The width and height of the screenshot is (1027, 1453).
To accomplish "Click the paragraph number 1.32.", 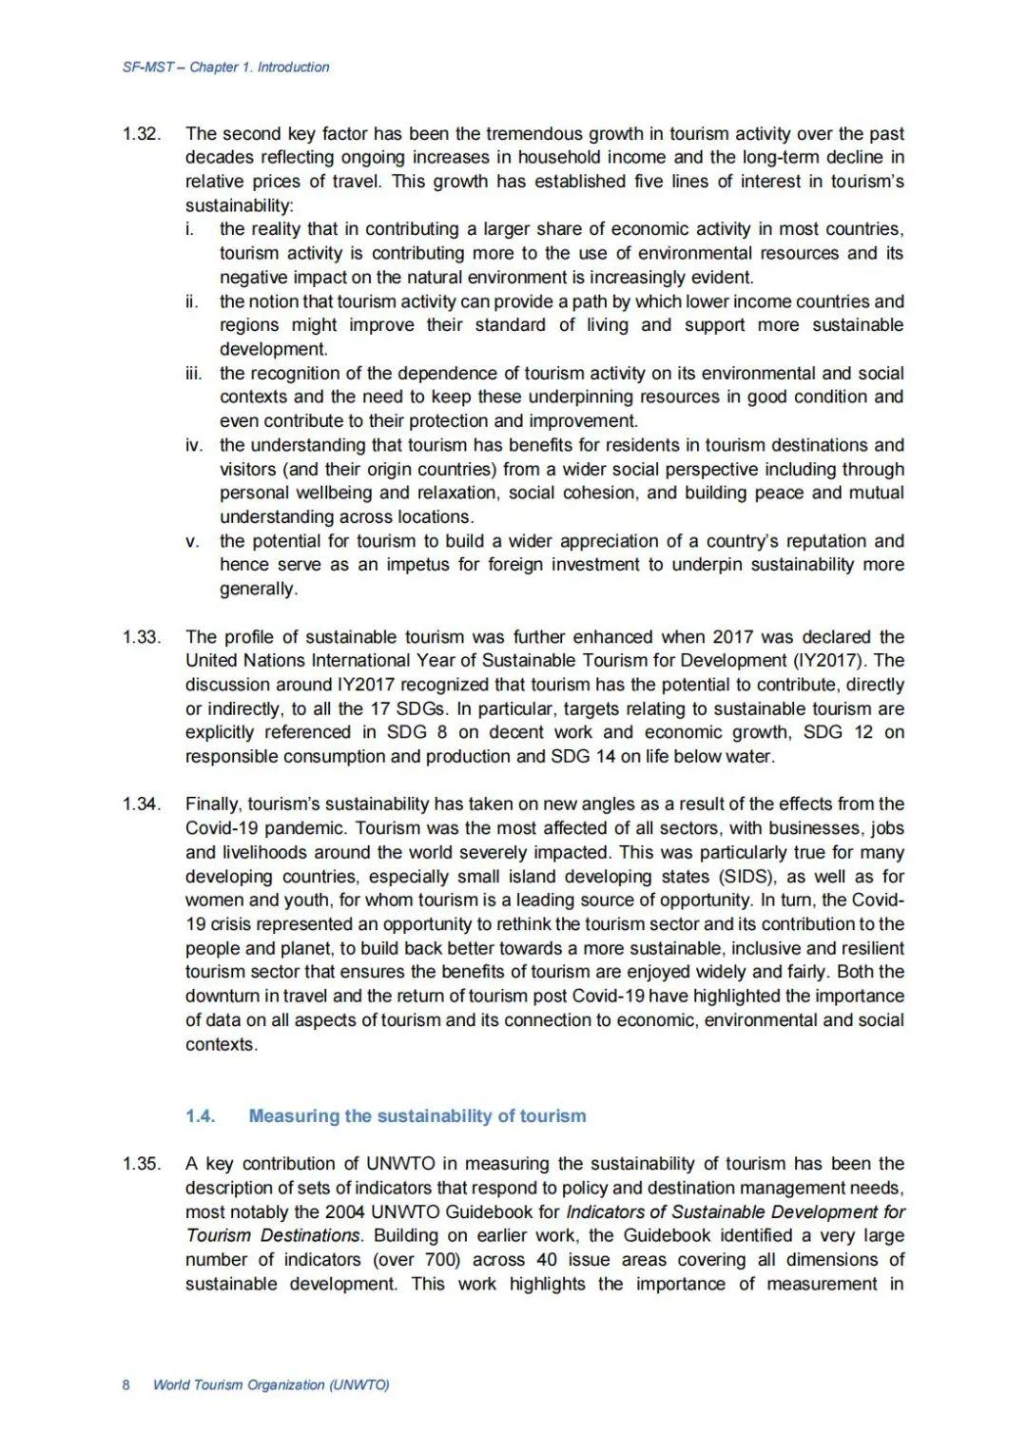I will coord(141,134).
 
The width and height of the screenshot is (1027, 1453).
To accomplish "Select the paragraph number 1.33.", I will coord(141,637).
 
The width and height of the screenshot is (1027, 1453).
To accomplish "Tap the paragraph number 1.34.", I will coord(141,804).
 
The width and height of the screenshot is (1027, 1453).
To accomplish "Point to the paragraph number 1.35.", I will coord(141,1164).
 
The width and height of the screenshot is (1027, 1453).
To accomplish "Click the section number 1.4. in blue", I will coord(201,1116).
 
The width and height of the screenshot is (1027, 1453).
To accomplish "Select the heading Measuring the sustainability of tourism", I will coord(417,1116).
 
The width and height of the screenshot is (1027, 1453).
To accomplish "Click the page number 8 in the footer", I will coord(126,1385).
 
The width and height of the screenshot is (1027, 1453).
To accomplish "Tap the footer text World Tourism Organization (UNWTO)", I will coord(271,1385).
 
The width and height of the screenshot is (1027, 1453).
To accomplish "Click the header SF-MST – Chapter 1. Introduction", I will coord(226,68).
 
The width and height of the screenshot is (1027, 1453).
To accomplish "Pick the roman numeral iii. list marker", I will coord(193,374).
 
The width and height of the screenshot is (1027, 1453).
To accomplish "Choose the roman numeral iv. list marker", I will coord(193,445).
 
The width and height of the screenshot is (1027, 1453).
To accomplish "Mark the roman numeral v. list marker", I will coord(193,541).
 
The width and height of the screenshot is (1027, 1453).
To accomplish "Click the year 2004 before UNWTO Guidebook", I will coord(344,1212).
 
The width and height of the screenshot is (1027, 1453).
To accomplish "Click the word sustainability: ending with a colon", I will coord(240,206).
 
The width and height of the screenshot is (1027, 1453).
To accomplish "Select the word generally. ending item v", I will coord(259,589).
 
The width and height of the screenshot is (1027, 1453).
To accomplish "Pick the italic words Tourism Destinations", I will coord(274,1236).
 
